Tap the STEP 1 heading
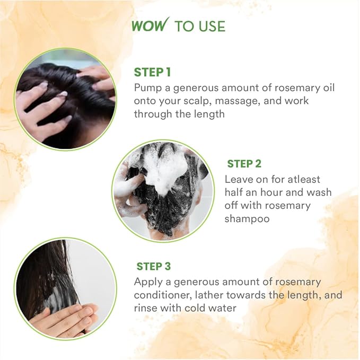coord(152,72)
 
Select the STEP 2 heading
coord(244,164)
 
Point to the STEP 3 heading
coord(154,266)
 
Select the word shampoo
coord(247,218)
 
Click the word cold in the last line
coord(202,308)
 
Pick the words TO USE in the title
coord(200,25)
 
